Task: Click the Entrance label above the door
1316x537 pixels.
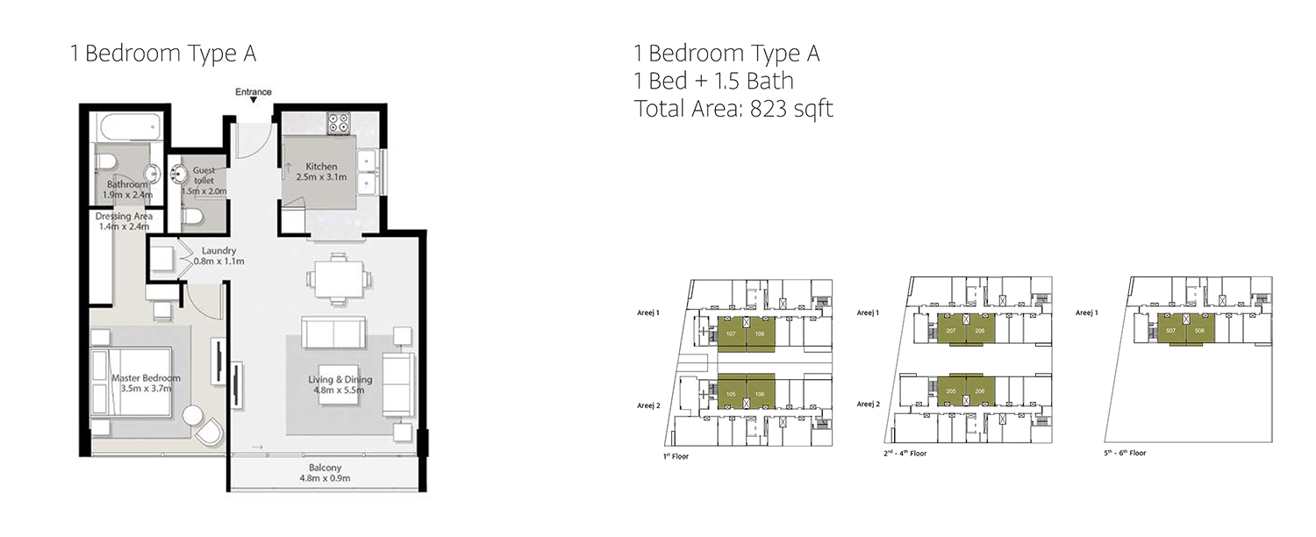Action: pos(254,92)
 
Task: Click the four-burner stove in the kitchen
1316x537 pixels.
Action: pos(339,124)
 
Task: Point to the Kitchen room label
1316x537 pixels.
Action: pos(321,167)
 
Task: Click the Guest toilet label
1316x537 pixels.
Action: pos(204,175)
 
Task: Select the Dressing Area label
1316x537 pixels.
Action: pos(125,216)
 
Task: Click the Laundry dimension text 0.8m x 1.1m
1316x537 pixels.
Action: pos(218,261)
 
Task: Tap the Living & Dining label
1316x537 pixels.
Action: pos(340,380)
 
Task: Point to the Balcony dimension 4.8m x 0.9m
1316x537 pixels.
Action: pos(325,479)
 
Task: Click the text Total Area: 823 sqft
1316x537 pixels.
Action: pos(733,109)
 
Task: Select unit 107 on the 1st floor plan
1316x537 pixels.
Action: pos(732,334)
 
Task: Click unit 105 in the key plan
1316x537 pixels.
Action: pos(732,394)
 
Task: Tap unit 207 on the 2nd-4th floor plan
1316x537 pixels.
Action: pos(951,331)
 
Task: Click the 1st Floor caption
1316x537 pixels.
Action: pos(677,457)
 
